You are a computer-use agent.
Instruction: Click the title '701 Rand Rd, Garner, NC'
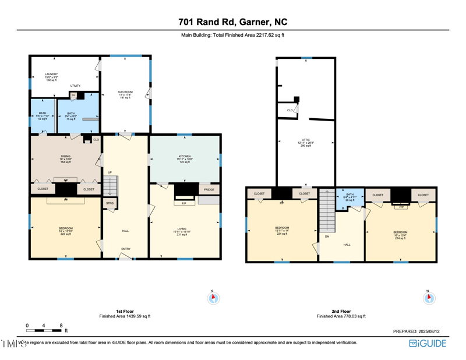[x=233, y=23]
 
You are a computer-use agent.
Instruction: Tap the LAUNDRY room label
[x=51, y=74]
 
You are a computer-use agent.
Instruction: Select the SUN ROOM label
[x=125, y=91]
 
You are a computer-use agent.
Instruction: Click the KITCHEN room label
[x=185, y=156]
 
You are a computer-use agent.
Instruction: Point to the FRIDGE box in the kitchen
[x=209, y=189]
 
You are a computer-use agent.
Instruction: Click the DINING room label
[x=65, y=156]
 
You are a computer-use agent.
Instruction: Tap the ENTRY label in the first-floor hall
[x=126, y=249]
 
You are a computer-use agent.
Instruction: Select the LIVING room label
[x=185, y=229]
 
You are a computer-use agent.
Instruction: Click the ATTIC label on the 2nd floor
[x=306, y=140]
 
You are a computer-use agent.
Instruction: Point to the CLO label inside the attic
[x=290, y=110]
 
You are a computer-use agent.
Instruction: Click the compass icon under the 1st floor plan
[x=213, y=298]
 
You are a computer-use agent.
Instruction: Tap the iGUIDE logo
[x=428, y=343]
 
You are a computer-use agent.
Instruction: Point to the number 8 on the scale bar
[x=61, y=325]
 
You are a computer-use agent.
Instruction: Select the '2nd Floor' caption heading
[x=341, y=311]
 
